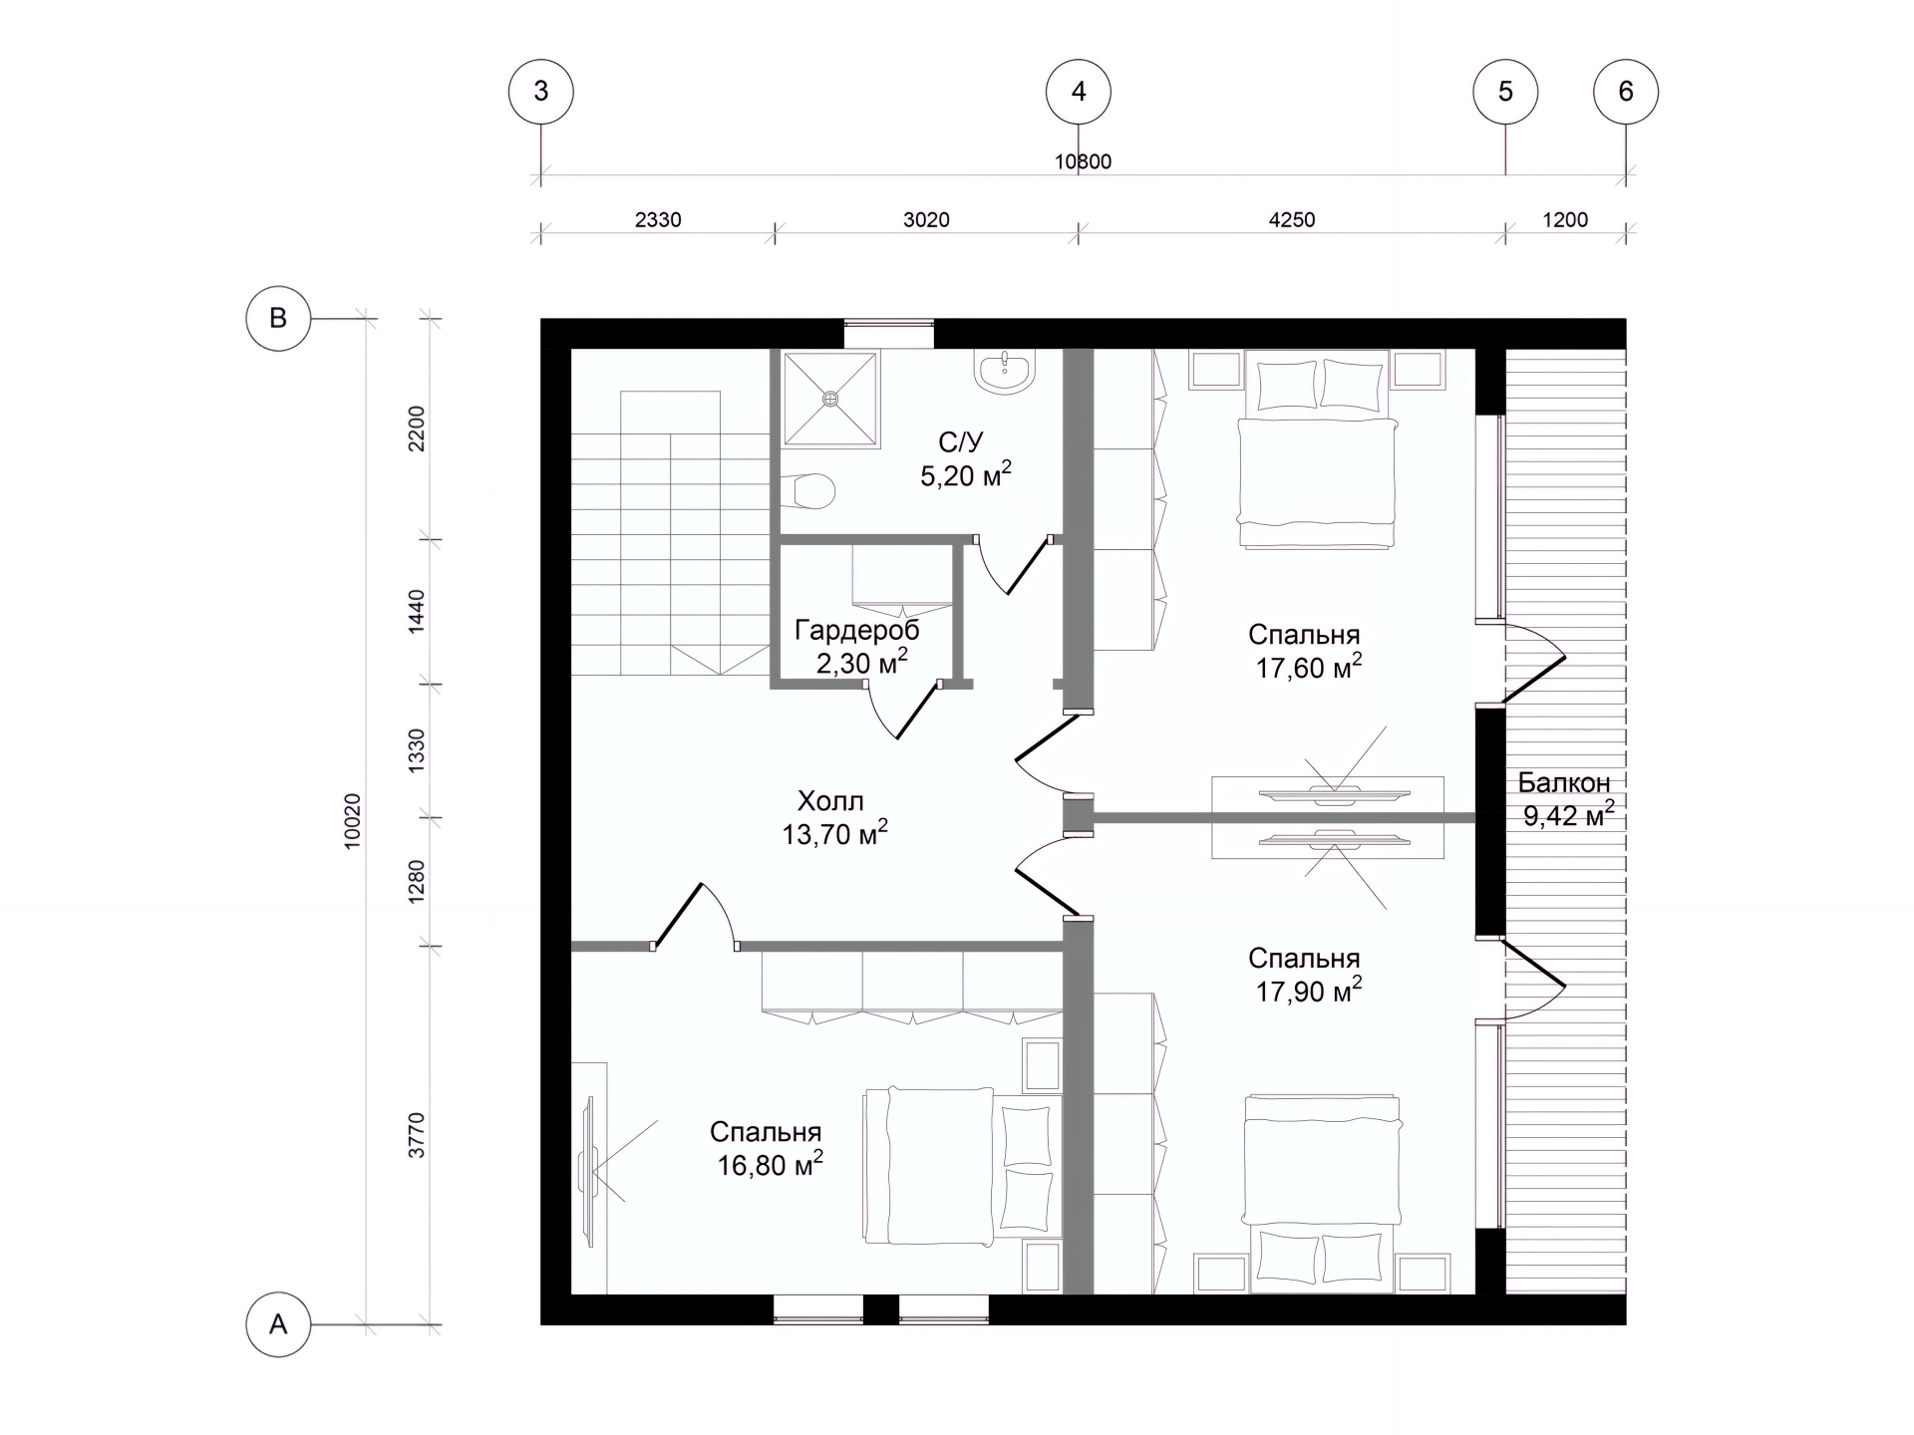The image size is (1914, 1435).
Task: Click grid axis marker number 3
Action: point(541,92)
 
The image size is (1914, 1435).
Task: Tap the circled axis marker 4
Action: point(1079,92)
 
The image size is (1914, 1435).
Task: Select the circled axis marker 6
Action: point(1626,92)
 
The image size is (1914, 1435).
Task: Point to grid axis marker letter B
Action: point(278,318)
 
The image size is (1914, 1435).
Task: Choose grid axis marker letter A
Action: point(278,1324)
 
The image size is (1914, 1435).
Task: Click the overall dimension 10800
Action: point(1083,161)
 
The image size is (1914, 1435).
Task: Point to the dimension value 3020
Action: point(926,219)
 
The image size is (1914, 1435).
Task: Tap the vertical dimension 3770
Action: point(417,1135)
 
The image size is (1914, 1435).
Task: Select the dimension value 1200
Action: point(1565,219)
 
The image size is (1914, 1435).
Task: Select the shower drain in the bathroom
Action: point(830,399)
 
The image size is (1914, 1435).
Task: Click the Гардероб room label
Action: point(857,630)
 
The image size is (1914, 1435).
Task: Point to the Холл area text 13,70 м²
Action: point(834,834)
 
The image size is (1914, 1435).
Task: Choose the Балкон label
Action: point(1564,782)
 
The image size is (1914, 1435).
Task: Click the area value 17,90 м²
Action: point(1308,992)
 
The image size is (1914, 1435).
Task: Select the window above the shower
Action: point(889,334)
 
